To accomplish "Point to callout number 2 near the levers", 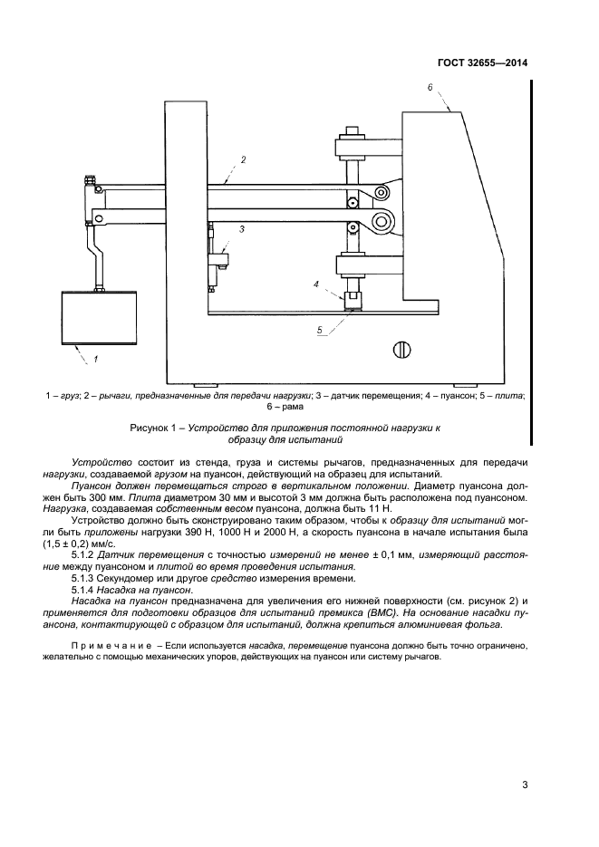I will [242, 159].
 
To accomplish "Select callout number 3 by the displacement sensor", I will [242, 230].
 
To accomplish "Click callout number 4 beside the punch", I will [316, 284].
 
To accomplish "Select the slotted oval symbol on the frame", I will [403, 348].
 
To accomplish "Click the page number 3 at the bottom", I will [525, 784].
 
